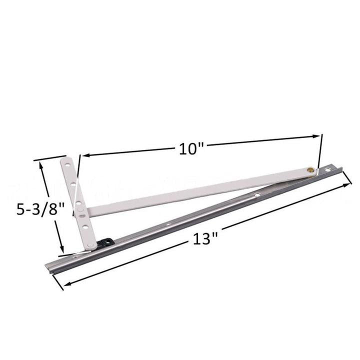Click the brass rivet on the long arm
311,170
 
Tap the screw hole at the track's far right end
328,170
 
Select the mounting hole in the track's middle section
256,195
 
